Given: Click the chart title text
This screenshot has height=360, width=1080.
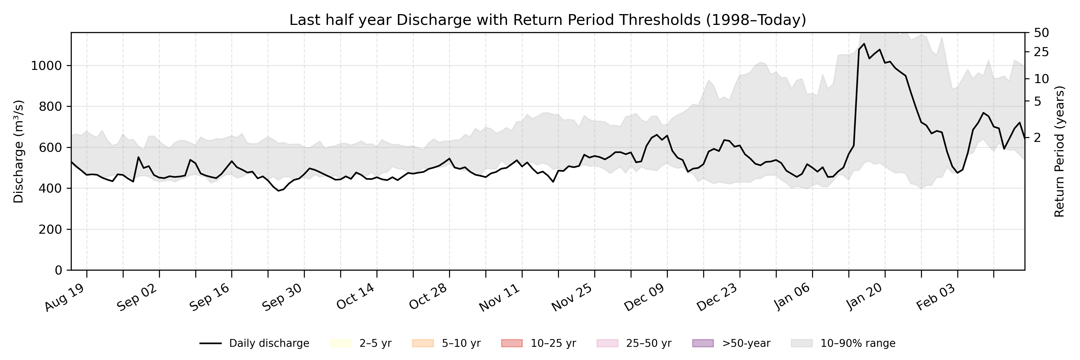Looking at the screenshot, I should (x=547, y=20).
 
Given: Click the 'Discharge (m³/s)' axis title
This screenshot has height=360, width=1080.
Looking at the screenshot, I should (x=18, y=151).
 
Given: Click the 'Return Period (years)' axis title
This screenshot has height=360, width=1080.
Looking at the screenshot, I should (x=1060, y=151).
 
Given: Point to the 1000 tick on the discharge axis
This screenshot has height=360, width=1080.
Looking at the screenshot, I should (x=46, y=66).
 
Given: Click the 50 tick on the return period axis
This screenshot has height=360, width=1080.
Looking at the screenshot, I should (x=1041, y=33).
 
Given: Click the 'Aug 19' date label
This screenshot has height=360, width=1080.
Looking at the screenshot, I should (x=65, y=298).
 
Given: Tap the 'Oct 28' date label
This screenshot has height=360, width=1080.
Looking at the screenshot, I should (x=427, y=298).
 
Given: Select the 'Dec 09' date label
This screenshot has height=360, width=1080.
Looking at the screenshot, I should (x=644, y=298).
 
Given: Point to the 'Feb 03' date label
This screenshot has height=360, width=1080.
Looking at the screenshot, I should (x=936, y=298).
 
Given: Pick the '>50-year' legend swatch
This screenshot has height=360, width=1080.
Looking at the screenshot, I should (x=703, y=343).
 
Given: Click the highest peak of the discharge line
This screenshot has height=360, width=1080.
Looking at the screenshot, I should (x=864, y=43).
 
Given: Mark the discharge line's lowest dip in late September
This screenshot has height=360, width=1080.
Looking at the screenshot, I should (x=278, y=191).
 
